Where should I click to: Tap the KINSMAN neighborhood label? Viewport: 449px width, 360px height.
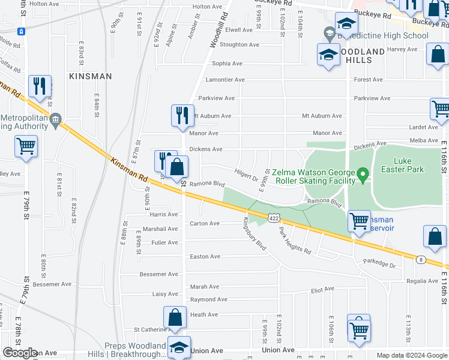click(90, 76)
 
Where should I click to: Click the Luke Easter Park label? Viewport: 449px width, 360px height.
click(410, 165)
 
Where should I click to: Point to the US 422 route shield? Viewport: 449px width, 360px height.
click(273, 219)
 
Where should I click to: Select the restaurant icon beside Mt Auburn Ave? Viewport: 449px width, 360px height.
click(182, 116)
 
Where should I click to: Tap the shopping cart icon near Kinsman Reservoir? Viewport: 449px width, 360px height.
click(359, 220)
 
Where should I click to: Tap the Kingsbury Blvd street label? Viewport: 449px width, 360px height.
click(254, 233)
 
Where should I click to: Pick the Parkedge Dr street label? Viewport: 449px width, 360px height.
click(379, 265)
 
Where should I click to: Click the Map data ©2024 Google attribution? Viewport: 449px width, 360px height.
click(412, 355)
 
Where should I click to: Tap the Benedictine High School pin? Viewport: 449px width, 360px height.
click(328, 34)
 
